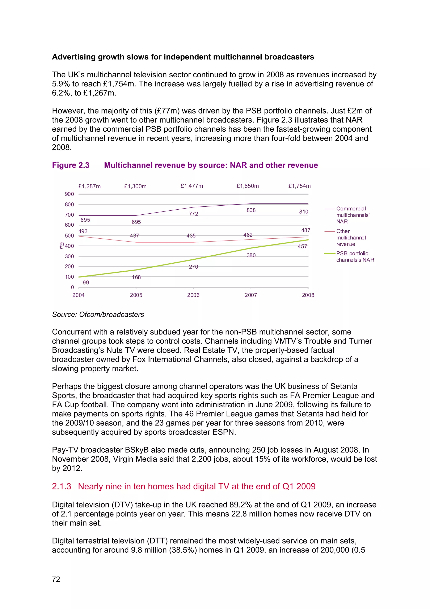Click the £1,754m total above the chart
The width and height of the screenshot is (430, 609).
[299, 186]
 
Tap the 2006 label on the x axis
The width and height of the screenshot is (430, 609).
[193, 295]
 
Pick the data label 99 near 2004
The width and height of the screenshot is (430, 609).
[86, 283]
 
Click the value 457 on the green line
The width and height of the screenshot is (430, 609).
[302, 246]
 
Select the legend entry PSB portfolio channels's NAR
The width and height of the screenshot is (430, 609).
[355, 256]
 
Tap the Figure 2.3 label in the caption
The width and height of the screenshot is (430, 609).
[71, 165]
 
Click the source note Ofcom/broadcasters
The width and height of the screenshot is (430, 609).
[111, 314]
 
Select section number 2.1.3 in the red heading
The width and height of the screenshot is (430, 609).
[62, 486]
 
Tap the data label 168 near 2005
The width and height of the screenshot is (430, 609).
[136, 277]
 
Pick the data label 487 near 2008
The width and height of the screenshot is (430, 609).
[305, 230]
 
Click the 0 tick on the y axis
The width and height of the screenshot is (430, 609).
[72, 287]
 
